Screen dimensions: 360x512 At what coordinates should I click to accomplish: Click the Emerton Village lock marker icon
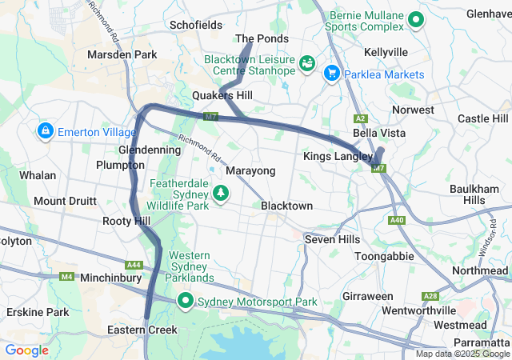point(45,130)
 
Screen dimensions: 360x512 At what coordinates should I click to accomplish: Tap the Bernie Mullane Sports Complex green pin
point(416,20)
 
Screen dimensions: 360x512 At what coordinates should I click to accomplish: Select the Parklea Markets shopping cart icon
point(331,74)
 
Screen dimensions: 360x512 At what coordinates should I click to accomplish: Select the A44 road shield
point(134,265)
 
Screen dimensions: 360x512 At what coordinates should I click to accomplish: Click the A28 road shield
point(429,295)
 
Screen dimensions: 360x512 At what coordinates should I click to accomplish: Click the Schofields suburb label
point(196,25)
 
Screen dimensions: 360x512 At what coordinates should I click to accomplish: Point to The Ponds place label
point(262,38)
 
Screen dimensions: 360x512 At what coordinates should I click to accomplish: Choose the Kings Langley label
point(338,156)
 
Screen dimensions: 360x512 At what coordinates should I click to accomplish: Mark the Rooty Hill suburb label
point(126,221)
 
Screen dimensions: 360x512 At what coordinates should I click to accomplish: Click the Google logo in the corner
point(26,350)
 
